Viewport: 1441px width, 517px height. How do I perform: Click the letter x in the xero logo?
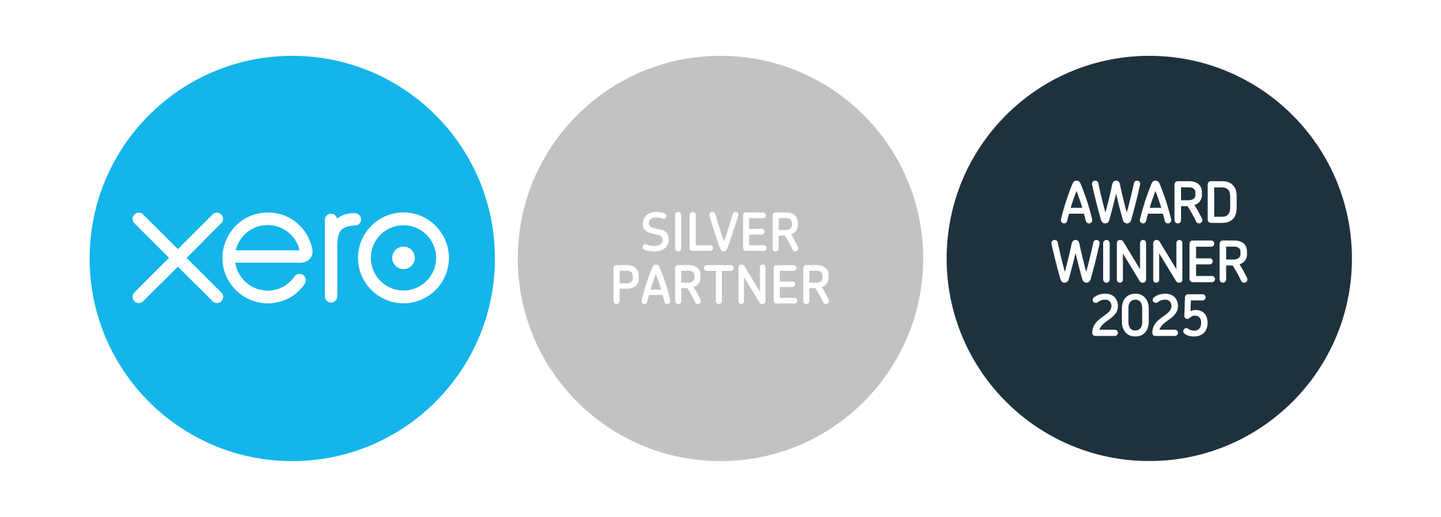coord(177,258)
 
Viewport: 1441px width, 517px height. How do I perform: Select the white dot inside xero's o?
coord(403,258)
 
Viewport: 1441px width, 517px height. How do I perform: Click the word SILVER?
coord(720,232)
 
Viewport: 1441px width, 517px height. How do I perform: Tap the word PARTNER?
coord(720,285)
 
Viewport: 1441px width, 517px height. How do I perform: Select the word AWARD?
coord(1149,203)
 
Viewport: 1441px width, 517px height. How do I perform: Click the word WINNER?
coord(1149,261)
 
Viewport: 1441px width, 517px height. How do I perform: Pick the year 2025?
coord(1149,316)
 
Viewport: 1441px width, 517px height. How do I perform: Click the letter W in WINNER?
coord(1076,261)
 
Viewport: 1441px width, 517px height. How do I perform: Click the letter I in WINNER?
coord(1110,261)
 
